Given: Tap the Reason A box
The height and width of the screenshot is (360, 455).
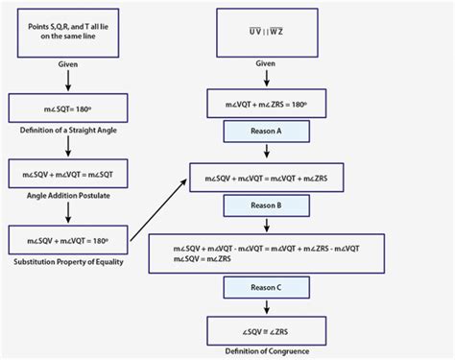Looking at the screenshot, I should click(265, 132).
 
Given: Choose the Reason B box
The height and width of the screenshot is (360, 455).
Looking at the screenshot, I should click(265, 204).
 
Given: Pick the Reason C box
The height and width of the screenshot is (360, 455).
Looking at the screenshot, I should click(265, 286).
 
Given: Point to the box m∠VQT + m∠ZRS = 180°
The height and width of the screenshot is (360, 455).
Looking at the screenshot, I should click(265, 104).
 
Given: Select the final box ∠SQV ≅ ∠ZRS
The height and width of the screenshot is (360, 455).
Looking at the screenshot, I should click(265, 330).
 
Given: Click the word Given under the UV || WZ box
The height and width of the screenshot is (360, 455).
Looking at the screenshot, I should click(265, 62).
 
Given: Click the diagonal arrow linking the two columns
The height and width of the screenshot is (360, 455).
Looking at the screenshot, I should click(158, 204).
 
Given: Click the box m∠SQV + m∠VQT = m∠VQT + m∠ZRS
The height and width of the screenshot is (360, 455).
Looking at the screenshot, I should click(265, 178).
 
